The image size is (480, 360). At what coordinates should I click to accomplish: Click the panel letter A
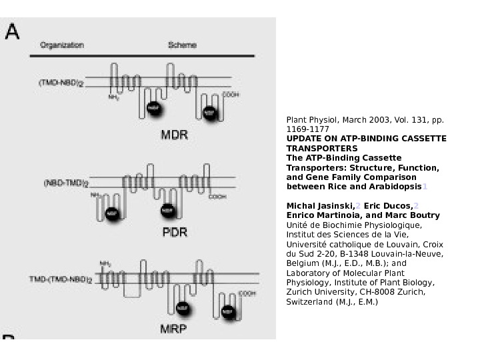coord(12,31)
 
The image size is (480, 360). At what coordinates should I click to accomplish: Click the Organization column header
coord(62,45)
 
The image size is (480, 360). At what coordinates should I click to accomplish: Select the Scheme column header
coord(182,45)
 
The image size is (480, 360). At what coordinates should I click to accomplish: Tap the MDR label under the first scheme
coord(175,135)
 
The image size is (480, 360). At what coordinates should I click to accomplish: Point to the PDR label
coord(175,233)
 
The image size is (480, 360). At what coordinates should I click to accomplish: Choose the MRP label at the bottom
coord(174,329)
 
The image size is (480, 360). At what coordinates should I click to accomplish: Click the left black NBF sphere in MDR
coord(154,108)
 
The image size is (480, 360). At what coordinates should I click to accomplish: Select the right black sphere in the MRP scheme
coord(228,311)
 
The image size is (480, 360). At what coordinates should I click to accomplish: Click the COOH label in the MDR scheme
coord(230,95)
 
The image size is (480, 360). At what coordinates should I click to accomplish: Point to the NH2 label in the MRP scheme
coord(105,263)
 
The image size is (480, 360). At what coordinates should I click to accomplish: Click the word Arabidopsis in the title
coord(397,187)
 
